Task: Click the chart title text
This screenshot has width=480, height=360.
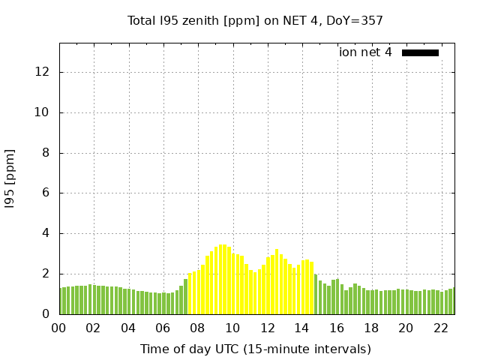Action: click(x=255, y=20)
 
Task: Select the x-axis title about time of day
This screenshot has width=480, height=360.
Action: click(x=255, y=349)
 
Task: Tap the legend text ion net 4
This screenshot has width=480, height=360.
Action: click(x=365, y=52)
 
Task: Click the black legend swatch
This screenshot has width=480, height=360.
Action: click(x=420, y=52)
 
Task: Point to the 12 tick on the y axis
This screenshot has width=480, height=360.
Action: click(x=43, y=73)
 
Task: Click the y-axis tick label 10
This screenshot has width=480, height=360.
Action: click(x=43, y=112)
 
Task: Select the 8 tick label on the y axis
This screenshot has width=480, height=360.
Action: click(x=46, y=153)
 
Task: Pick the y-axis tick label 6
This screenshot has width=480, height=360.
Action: click(x=46, y=193)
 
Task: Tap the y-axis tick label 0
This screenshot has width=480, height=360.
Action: click(x=46, y=314)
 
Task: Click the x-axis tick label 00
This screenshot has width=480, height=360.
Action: click(x=59, y=328)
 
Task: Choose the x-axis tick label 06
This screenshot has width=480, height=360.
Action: click(x=163, y=328)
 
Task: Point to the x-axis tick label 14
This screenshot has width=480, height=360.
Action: click(x=301, y=328)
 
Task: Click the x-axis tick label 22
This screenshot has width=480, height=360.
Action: click(x=440, y=328)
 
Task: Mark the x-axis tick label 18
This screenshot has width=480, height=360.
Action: click(x=370, y=328)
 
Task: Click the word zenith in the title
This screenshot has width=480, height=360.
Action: click(x=202, y=20)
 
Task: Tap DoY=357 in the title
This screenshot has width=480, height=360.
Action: click(x=354, y=20)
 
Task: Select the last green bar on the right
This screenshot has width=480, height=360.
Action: click(x=454, y=301)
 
